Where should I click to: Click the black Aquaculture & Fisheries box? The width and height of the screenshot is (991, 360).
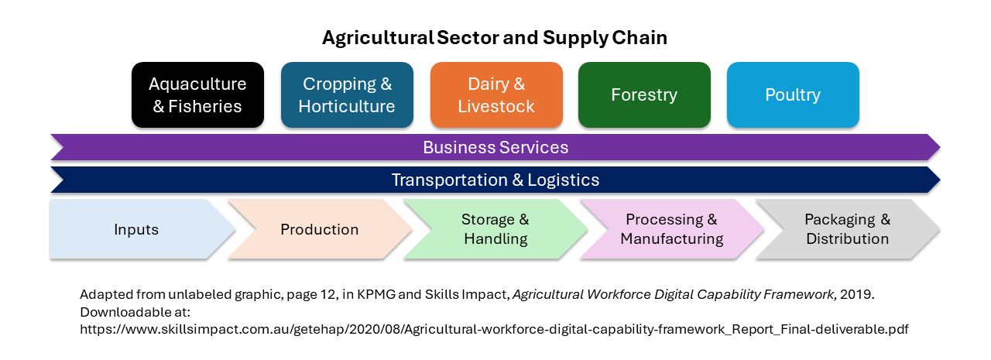[197, 94]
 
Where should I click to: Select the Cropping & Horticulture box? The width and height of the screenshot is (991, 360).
[347, 94]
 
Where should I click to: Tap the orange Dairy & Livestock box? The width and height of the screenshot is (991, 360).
[496, 94]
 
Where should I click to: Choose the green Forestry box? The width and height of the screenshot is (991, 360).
[644, 94]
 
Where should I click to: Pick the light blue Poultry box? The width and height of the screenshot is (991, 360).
[793, 94]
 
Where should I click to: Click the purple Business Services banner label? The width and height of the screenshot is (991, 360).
[495, 147]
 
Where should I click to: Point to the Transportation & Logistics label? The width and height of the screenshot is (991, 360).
[495, 180]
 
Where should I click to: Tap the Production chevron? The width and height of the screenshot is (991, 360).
[320, 229]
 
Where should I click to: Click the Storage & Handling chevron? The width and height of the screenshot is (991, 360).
[495, 229]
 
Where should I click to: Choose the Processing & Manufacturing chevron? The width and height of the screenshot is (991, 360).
[671, 229]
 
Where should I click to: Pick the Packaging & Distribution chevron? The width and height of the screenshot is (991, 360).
[848, 229]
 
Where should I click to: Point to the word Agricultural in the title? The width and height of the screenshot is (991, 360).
[378, 39]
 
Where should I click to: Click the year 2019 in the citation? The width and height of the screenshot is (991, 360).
[857, 294]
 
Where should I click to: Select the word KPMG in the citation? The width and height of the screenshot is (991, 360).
[376, 294]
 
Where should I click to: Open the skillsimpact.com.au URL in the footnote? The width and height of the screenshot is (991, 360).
[494, 330]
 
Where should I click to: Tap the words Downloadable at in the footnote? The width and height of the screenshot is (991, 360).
[135, 312]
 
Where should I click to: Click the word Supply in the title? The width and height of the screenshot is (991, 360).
[575, 39]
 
